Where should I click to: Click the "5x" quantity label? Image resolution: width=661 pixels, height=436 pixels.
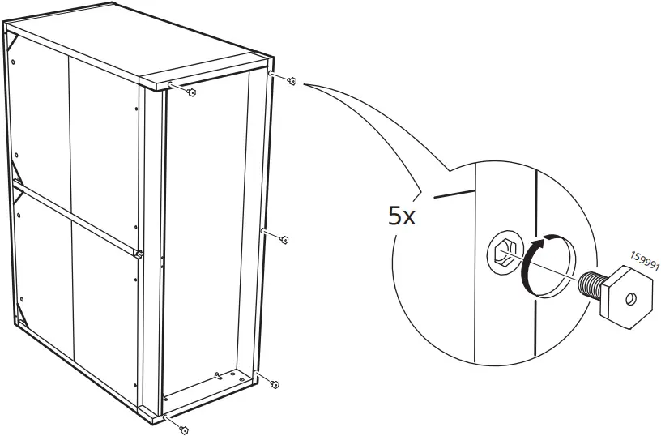pyautogui.click(x=402, y=216)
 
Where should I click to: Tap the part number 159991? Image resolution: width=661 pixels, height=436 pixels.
pyautogui.click(x=645, y=262)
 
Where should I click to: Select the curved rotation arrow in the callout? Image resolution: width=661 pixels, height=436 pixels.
pyautogui.click(x=541, y=264)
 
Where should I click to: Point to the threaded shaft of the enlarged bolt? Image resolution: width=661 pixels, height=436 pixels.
pyautogui.click(x=591, y=284)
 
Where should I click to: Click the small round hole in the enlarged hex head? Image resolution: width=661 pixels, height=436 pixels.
pyautogui.click(x=630, y=299)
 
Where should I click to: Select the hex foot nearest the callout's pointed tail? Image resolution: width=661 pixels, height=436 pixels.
pyautogui.click(x=292, y=81)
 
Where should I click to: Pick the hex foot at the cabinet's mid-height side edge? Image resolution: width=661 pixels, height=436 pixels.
pyautogui.click(x=284, y=240)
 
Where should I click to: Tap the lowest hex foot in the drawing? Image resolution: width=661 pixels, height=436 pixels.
pyautogui.click(x=184, y=430)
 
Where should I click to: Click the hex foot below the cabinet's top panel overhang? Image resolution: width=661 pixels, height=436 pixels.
pyautogui.click(x=191, y=92)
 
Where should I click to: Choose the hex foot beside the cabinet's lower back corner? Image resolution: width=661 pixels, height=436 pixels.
pyautogui.click(x=275, y=384)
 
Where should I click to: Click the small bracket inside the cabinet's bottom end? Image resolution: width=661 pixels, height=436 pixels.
pyautogui.click(x=218, y=375)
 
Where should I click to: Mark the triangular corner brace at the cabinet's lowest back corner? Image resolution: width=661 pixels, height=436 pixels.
pyautogui.click(x=21, y=317)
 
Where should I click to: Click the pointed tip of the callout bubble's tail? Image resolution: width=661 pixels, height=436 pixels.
pyautogui.click(x=304, y=85)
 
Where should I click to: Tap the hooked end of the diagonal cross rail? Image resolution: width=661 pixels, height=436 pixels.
pyautogui.click(x=139, y=254)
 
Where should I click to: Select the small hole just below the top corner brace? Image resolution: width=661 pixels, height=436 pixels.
pyautogui.click(x=13, y=62)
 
